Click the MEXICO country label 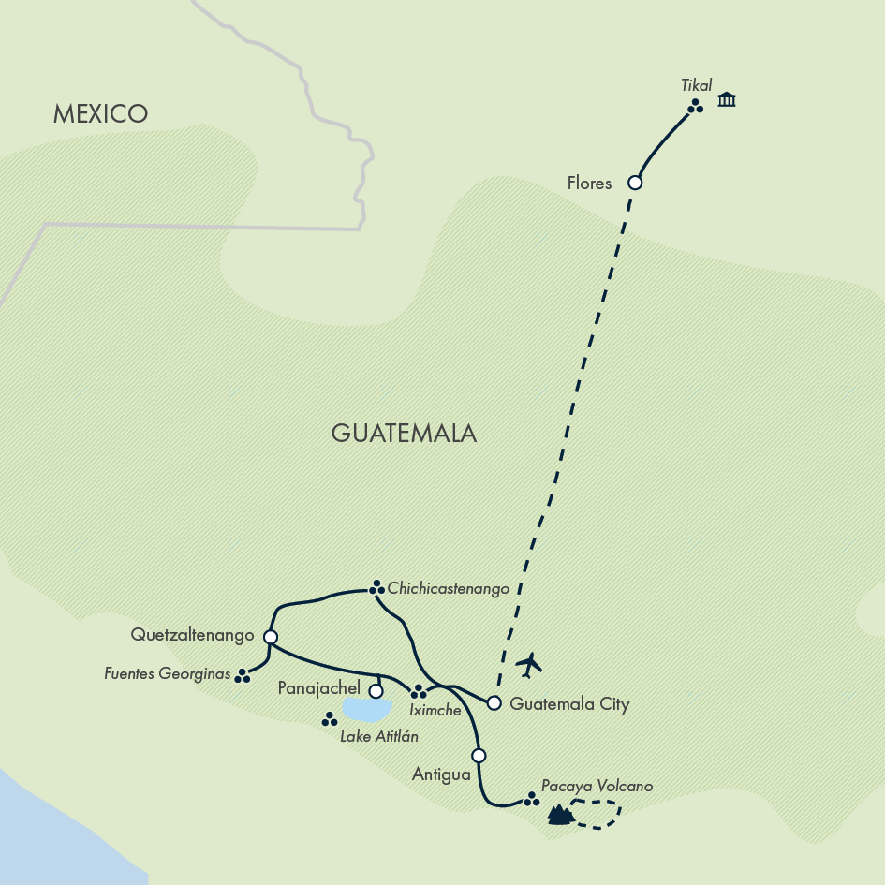[x=100, y=114]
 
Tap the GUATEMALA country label [x=404, y=433]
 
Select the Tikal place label [x=697, y=85]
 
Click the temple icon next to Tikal [x=727, y=99]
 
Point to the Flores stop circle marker [x=635, y=183]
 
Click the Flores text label [x=589, y=184]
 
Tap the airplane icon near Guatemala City [x=529, y=665]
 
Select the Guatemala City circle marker [x=494, y=703]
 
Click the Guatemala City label [x=569, y=704]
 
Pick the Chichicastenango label [x=448, y=589]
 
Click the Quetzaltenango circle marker [x=271, y=637]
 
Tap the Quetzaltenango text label [x=193, y=636]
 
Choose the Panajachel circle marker [x=376, y=691]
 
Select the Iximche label [x=435, y=710]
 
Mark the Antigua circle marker [x=479, y=755]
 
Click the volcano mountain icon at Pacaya [x=560, y=815]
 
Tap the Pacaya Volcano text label [x=597, y=787]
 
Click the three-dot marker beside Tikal [x=695, y=107]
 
